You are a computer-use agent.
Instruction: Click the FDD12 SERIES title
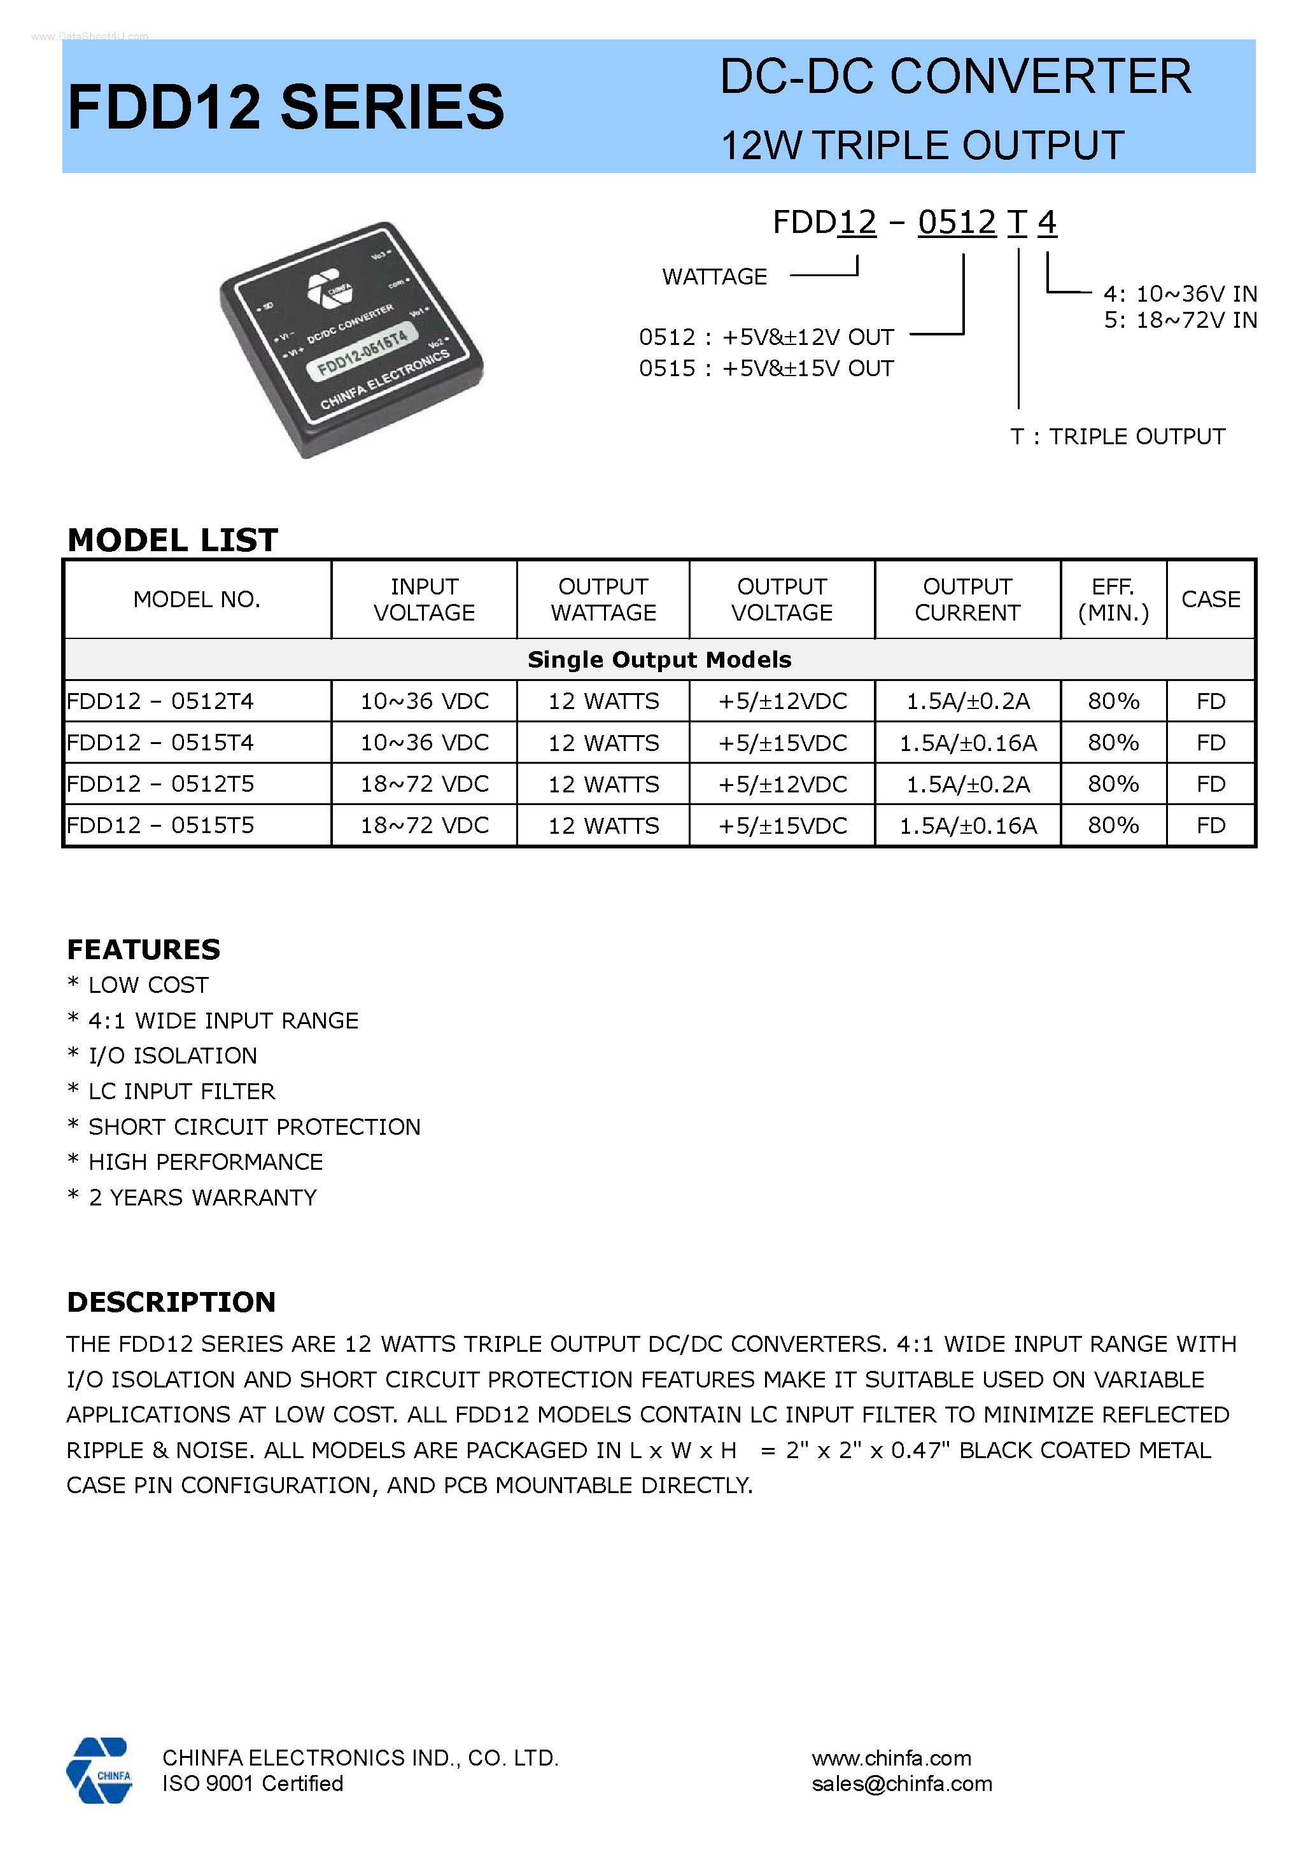[285, 107]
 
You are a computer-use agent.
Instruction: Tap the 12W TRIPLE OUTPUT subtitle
[922, 146]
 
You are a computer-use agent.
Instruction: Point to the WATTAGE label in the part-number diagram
[714, 277]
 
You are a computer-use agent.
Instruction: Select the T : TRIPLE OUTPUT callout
[1117, 437]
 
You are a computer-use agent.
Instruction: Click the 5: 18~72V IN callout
[1179, 320]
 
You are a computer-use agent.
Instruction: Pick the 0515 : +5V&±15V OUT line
[765, 369]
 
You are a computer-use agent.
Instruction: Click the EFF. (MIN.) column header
[1113, 600]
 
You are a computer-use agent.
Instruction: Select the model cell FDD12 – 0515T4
[160, 743]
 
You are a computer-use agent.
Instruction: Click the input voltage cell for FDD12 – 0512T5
[424, 783]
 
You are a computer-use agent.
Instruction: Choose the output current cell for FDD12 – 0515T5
[967, 826]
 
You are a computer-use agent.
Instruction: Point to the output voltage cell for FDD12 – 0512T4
[782, 701]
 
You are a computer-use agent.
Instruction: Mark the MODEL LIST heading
[172, 540]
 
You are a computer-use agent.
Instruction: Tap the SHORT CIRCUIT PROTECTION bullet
[254, 1127]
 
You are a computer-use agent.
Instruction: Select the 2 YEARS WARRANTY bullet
[202, 1197]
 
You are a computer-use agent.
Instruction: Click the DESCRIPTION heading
[171, 1302]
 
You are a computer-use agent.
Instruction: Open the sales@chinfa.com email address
[901, 1783]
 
